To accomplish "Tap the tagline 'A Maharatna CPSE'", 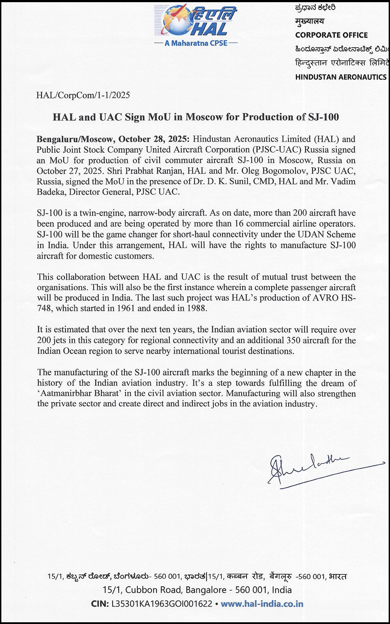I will coord(196,43).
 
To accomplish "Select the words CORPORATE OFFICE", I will coord(331,35).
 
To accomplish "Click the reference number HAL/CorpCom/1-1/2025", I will coord(83,95).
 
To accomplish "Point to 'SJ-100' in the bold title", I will coord(324,117).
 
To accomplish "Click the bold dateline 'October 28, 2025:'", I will coord(154,139).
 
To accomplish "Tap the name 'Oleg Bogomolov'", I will coord(272,171).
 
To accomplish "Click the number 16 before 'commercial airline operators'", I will coord(239,224).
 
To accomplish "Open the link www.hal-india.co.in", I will coord(262,604).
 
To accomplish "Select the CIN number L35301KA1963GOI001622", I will coord(162,604).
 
